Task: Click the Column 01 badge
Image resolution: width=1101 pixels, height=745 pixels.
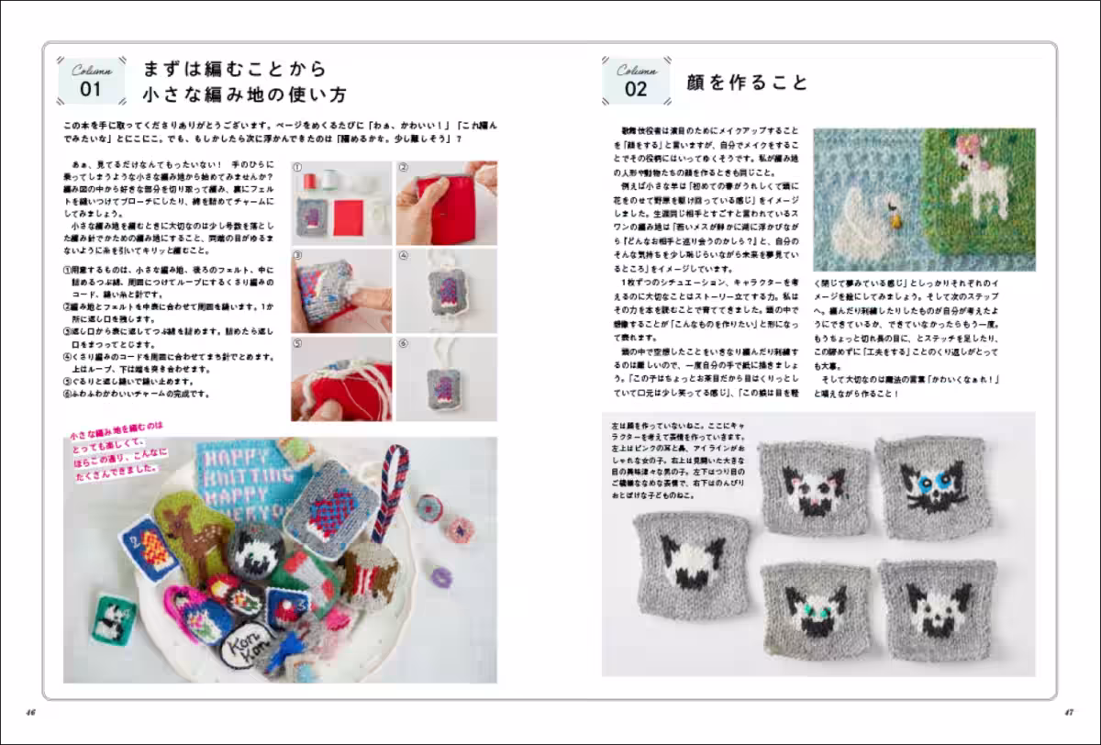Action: pyautogui.click(x=91, y=81)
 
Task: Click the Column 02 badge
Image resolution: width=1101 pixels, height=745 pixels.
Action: pyautogui.click(x=636, y=80)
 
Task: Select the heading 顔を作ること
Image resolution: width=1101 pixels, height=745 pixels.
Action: pyautogui.click(x=747, y=83)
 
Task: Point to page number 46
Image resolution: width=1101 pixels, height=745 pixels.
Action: pyautogui.click(x=30, y=711)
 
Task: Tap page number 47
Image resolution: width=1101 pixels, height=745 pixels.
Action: pyautogui.click(x=1069, y=711)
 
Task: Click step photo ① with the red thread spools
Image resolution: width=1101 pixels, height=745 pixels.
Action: pyautogui.click(x=341, y=203)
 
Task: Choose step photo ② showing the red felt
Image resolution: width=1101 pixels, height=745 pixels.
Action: pyautogui.click(x=446, y=203)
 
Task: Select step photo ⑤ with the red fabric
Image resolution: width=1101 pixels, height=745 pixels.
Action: pyautogui.click(x=341, y=378)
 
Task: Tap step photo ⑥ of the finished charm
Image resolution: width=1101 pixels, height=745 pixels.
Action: pyautogui.click(x=446, y=378)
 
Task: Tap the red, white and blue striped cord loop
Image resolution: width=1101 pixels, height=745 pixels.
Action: pyautogui.click(x=389, y=491)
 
